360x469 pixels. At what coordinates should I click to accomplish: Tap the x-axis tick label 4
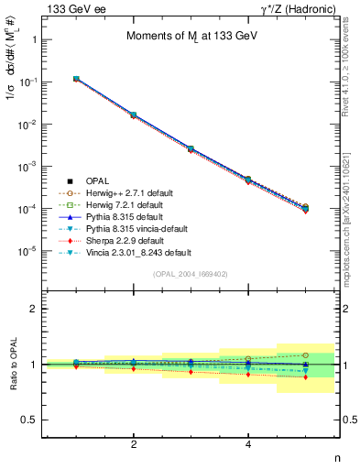(x=248, y=444)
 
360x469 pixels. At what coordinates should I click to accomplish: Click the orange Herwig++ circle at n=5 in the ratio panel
(x=306, y=354)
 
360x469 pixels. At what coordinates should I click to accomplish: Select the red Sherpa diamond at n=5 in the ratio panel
(x=306, y=376)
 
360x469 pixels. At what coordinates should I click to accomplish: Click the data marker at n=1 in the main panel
(x=76, y=80)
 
